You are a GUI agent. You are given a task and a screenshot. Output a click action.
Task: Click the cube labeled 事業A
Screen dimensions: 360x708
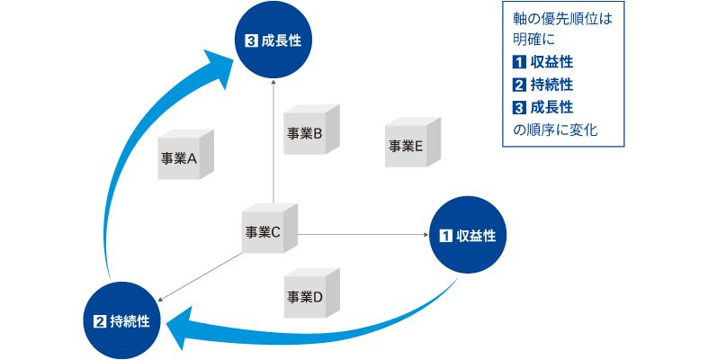[x=184, y=156]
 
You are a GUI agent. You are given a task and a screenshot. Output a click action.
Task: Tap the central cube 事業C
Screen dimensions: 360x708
[x=269, y=232]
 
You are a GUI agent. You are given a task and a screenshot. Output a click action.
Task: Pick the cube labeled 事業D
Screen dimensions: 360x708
[x=310, y=294]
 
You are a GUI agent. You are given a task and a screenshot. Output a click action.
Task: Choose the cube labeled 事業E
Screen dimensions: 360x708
[x=411, y=144]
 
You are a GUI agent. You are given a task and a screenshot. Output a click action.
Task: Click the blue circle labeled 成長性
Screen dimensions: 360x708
[x=274, y=40]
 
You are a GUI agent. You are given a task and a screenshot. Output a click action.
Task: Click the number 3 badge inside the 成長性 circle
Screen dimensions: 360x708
[x=251, y=40]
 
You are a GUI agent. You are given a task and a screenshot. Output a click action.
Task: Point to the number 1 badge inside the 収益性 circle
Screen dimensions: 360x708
[x=444, y=236]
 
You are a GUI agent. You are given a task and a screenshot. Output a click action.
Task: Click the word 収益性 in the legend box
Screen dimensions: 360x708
[x=552, y=63]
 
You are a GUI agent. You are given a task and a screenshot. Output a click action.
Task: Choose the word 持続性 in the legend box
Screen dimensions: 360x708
[x=552, y=85]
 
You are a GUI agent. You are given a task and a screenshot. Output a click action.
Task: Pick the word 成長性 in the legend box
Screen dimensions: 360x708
[x=552, y=108]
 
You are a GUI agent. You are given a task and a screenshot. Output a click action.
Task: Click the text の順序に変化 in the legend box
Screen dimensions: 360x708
[x=554, y=130]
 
